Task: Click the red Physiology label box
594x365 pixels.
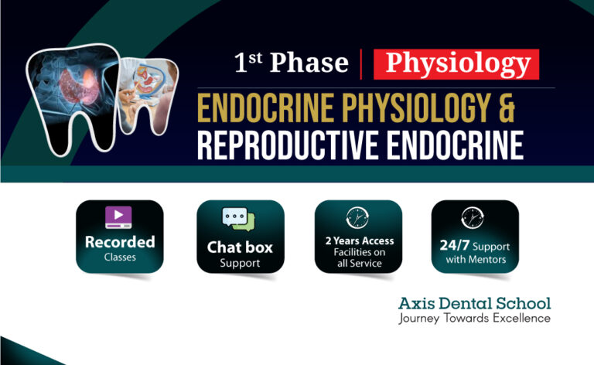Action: click(x=456, y=63)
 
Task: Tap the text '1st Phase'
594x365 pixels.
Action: click(x=291, y=63)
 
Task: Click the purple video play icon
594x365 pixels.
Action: click(x=119, y=217)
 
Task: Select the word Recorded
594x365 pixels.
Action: click(x=120, y=241)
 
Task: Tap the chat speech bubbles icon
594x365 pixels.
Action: click(x=239, y=220)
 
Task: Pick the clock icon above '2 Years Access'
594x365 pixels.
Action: click(x=357, y=217)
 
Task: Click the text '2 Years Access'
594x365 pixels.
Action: click(x=358, y=240)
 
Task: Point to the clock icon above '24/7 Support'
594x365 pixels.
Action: click(x=473, y=217)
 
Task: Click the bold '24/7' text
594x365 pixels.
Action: click(x=453, y=247)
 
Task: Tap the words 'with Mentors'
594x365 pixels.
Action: click(x=475, y=260)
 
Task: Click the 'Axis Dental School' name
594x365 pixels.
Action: click(x=474, y=302)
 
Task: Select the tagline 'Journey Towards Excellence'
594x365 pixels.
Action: click(x=474, y=318)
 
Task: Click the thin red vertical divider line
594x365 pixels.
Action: click(x=361, y=63)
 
